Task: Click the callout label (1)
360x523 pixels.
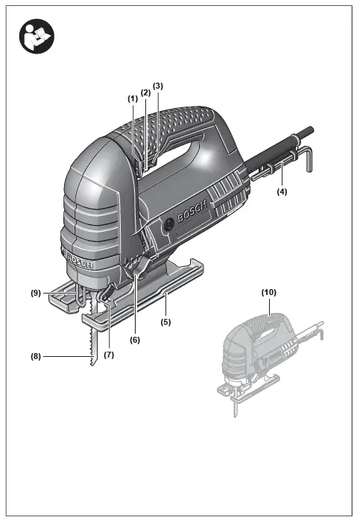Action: point(133,99)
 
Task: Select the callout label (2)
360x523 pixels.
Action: point(146,92)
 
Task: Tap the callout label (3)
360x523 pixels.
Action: point(158,86)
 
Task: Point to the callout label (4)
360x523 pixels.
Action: point(282,191)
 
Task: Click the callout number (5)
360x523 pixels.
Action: point(165,322)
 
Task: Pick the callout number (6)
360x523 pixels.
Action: point(135,340)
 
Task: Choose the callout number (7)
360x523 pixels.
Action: point(109,355)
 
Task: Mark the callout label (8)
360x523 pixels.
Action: point(36,356)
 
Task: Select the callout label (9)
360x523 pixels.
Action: point(36,293)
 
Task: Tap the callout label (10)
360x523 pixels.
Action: point(268,292)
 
